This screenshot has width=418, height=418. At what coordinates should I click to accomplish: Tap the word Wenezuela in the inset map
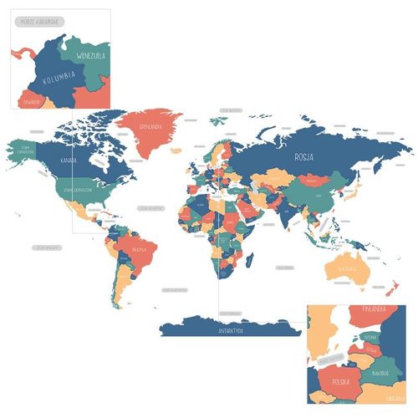click(x=91, y=55)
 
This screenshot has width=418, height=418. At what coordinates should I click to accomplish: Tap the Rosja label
click(x=303, y=156)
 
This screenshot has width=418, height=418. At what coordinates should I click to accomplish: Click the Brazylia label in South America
click(x=139, y=249)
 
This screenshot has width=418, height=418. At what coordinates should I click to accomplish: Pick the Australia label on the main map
click(x=346, y=269)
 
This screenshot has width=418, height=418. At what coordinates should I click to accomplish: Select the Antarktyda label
click(x=230, y=331)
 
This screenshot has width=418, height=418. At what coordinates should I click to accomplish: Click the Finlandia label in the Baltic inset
click(x=373, y=309)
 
